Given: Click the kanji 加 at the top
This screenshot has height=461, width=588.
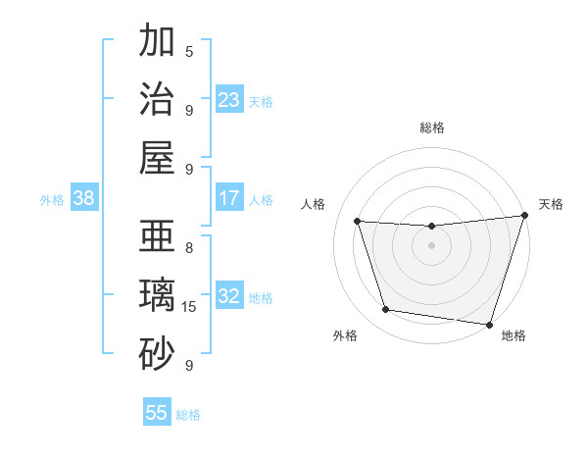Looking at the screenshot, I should click(157, 42).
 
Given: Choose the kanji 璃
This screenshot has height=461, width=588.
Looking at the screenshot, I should click(157, 295).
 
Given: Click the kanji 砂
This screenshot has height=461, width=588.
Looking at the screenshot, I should click(157, 354).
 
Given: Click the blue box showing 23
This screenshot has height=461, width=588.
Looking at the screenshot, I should click(229, 99).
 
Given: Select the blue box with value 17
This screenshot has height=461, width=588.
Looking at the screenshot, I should click(229, 198).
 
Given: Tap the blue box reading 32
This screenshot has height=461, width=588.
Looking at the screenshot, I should click(229, 296).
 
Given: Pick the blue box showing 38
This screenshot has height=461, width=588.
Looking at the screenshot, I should click(84, 198).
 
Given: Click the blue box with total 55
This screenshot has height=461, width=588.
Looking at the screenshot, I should click(157, 413).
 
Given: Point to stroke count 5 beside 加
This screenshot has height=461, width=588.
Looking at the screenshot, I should click(189, 51).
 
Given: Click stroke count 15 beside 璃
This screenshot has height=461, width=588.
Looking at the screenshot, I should click(189, 307).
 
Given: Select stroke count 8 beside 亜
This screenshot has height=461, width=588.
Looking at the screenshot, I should click(189, 247).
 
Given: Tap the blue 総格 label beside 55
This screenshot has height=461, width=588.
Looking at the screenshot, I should click(189, 415).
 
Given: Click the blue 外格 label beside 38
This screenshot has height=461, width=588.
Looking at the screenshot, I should click(52, 200).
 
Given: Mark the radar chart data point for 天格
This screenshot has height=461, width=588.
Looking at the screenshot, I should click(524, 216).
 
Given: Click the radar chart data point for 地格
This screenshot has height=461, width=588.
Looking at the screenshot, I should click(489, 324).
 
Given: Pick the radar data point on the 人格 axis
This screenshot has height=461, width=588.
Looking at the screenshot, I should click(358, 222).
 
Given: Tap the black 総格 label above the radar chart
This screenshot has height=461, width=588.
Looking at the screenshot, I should click(431, 128).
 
